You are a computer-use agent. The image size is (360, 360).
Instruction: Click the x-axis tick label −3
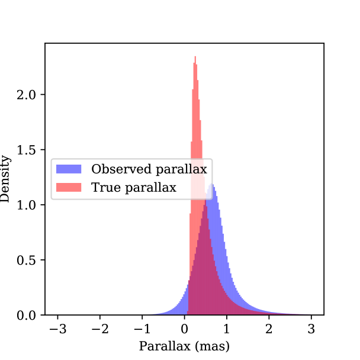pos(55,329)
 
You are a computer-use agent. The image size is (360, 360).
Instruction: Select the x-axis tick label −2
pos(98,329)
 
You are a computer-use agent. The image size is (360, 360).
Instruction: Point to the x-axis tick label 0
pos(185,329)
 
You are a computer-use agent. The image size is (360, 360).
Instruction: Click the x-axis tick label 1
pos(227,329)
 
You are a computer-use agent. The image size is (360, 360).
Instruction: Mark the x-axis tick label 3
pos(311,329)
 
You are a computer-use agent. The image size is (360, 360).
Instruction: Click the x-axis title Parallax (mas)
pos(184,345)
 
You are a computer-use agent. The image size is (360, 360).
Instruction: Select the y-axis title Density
pos(7,178)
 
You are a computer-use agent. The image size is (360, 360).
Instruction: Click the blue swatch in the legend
pos(68,169)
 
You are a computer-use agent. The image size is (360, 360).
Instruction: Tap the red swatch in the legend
pos(68,188)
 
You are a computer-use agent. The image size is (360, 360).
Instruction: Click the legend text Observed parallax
pos(149,169)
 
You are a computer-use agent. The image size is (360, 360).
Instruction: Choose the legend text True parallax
pos(133,188)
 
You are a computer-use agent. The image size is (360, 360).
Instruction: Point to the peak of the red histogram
pos(195,57)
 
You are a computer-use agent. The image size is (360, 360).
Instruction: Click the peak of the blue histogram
pos(213,185)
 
